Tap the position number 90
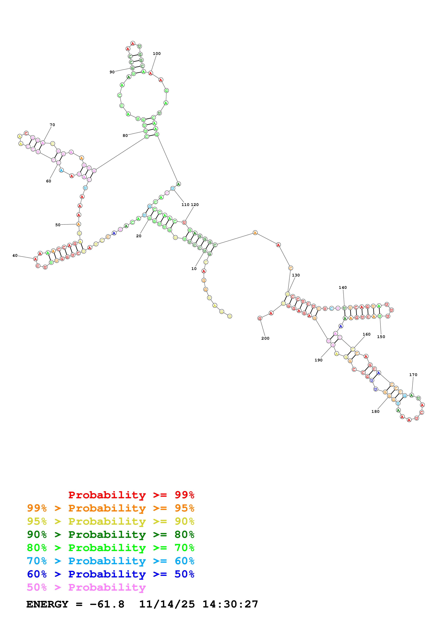point(112,72)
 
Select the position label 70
point(52,125)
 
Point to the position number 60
point(49,181)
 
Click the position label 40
point(15,256)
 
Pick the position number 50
point(58,225)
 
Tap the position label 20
point(139,236)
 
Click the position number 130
point(296,275)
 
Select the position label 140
point(343,288)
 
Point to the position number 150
point(381,337)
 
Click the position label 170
point(413,375)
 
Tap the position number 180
point(375,411)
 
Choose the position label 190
point(319,360)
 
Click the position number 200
point(265,338)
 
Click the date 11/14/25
point(167,604)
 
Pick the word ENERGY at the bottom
point(47,604)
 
